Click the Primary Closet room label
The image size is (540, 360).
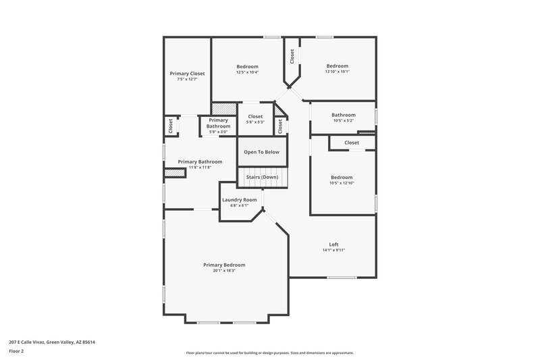tap(187, 74)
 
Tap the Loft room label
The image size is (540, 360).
tap(333, 244)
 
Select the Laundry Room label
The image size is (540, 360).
tap(240, 200)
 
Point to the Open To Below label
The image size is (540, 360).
tap(261, 152)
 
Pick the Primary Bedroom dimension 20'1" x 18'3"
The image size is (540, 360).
tap(224, 271)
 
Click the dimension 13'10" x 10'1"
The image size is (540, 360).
tap(337, 72)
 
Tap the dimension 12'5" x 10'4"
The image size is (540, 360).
tap(247, 72)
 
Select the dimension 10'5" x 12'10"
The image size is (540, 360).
tap(342, 183)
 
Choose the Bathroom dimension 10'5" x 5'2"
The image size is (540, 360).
tap(343, 121)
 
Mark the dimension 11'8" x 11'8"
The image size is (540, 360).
tap(195, 168)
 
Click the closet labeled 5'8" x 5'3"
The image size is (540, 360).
tap(255, 122)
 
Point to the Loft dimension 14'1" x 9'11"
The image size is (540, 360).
tap(333, 251)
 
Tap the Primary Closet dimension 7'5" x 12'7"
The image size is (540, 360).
tap(187, 80)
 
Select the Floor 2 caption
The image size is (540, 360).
tap(16, 351)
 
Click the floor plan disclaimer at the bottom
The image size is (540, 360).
tap(269, 353)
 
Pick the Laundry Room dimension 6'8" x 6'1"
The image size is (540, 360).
tap(240, 206)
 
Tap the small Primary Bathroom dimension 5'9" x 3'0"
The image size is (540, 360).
tap(218, 132)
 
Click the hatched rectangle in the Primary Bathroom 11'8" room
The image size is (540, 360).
tap(175, 174)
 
